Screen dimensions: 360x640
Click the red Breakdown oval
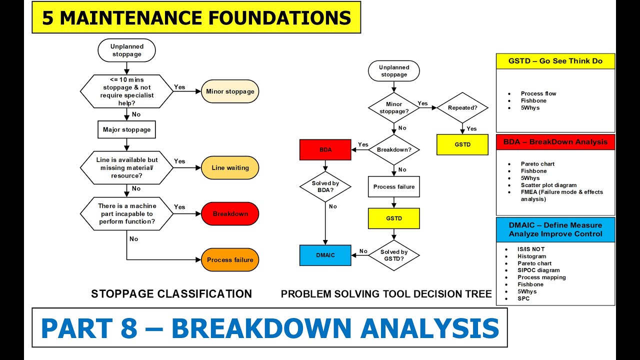[x=230, y=214]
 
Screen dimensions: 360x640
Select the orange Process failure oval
[x=230, y=260]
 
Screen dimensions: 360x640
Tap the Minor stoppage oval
[x=230, y=91]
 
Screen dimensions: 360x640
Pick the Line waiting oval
[x=230, y=168]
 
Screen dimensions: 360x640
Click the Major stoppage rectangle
[x=126, y=129]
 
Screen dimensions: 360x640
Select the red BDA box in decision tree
[x=325, y=149]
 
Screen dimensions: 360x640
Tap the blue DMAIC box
[x=325, y=255]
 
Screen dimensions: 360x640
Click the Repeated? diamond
[x=462, y=107]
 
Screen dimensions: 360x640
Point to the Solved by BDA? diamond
[x=325, y=186]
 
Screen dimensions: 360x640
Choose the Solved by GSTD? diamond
[x=394, y=255]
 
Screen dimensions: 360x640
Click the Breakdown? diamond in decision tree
[x=394, y=149]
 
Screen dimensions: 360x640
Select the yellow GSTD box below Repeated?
[x=462, y=144]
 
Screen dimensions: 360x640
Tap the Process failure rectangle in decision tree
[x=394, y=187]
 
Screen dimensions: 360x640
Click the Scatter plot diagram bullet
[x=548, y=185]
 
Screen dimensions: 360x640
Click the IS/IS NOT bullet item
[x=531, y=249]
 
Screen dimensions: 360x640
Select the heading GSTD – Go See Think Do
[x=555, y=61]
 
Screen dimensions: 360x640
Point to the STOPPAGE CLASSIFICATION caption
[x=171, y=294]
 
